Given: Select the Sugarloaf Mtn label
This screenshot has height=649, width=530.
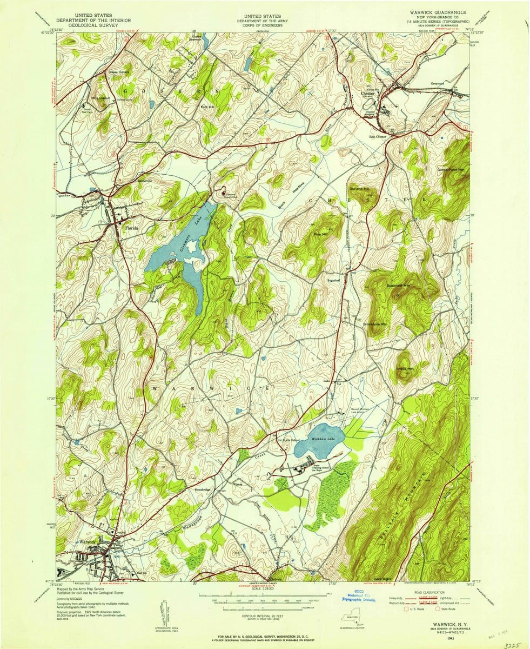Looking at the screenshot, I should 398,284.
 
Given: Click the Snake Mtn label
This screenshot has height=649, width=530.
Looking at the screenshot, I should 405,368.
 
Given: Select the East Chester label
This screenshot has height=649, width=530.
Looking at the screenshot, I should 378,136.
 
